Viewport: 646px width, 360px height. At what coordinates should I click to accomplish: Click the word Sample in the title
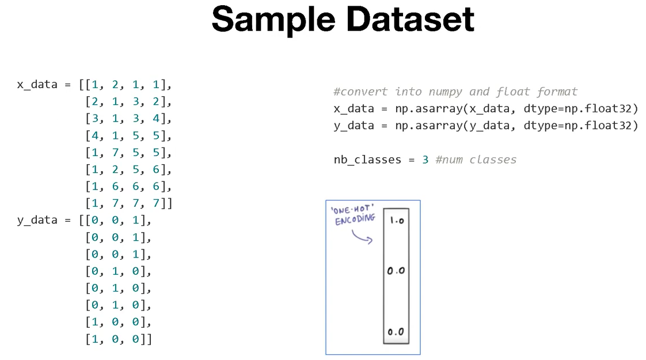(274, 19)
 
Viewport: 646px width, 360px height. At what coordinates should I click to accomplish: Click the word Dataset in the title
(410, 19)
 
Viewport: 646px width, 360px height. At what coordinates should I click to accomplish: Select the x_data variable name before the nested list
(37, 85)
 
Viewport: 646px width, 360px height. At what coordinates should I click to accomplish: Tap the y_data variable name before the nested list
(37, 220)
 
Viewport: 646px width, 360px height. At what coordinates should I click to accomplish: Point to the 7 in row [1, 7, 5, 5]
(115, 153)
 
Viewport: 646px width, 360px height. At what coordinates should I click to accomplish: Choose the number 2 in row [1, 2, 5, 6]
(115, 169)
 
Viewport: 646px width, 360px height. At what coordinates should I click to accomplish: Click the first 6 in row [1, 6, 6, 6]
(115, 187)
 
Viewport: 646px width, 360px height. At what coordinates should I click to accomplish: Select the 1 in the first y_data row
(135, 220)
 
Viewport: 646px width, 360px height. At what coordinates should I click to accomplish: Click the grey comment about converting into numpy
(455, 92)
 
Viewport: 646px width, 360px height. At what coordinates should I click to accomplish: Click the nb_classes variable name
(367, 160)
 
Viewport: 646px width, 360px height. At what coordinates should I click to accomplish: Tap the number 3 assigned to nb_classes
(425, 160)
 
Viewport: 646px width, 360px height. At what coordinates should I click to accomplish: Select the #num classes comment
(476, 160)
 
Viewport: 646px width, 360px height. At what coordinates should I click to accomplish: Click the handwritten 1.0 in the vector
(397, 220)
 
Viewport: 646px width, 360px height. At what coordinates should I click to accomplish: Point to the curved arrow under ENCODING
(361, 237)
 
